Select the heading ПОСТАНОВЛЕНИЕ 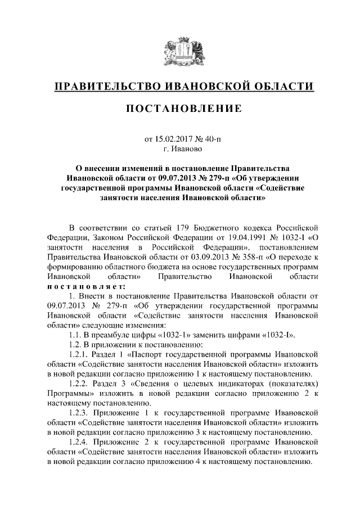pos(180,108)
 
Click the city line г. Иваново pos(179,149)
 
